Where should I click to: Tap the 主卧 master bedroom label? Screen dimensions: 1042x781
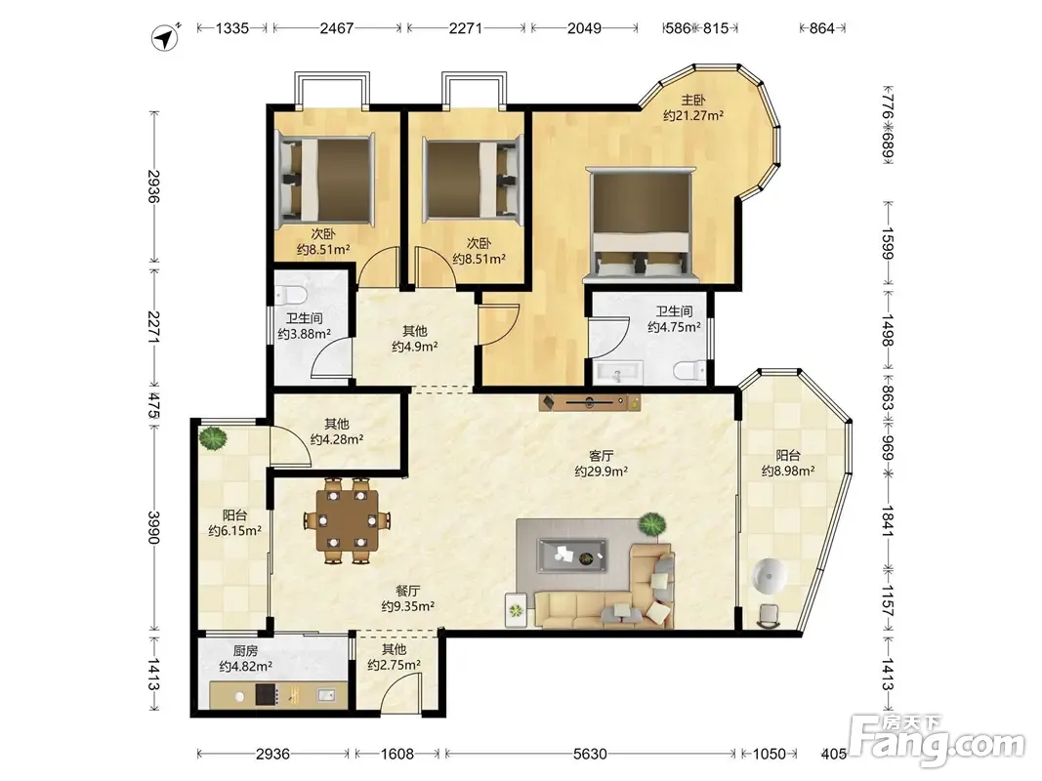click(692, 101)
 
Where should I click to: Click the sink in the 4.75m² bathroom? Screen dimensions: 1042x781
click(618, 373)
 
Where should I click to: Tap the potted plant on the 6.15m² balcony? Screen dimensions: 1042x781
click(212, 438)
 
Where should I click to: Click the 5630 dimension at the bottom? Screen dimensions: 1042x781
click(590, 754)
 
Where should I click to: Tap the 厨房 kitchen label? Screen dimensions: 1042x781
click(245, 651)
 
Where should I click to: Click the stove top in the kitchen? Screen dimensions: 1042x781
click(267, 695)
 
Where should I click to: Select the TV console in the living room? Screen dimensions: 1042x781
click(590, 402)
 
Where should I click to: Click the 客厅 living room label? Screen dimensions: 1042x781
click(602, 456)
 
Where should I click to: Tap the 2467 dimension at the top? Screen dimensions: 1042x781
click(337, 28)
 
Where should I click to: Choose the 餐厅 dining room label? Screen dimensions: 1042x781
click(407, 591)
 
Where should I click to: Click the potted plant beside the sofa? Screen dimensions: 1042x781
click(652, 524)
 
